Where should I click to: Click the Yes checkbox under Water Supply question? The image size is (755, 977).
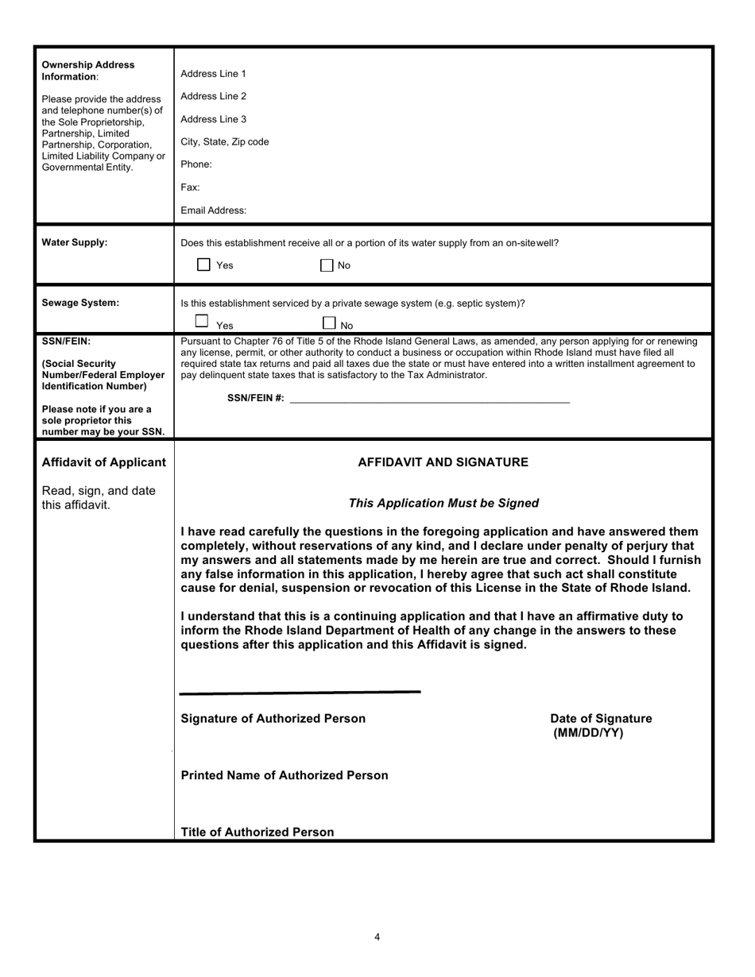(x=203, y=265)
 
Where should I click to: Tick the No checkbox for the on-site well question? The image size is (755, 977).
(x=327, y=265)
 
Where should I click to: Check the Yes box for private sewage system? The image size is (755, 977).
(x=202, y=322)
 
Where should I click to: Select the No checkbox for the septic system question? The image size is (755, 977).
(x=329, y=322)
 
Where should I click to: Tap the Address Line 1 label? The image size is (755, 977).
(x=213, y=74)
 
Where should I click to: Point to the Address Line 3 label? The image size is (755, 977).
(x=213, y=119)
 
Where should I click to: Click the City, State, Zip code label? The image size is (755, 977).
(x=225, y=142)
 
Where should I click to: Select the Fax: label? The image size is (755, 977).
(x=190, y=187)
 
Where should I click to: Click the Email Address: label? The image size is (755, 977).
(x=213, y=210)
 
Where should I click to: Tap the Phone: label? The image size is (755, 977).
(x=196, y=164)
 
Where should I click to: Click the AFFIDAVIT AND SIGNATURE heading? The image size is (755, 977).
(x=443, y=462)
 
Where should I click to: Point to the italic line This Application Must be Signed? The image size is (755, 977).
(x=443, y=503)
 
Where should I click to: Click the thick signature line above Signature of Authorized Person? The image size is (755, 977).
(x=300, y=693)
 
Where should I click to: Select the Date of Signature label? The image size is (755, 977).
(x=600, y=719)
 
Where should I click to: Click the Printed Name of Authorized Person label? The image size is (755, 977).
(x=285, y=775)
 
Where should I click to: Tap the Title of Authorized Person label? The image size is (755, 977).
(x=257, y=832)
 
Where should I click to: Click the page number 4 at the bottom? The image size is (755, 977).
(x=377, y=937)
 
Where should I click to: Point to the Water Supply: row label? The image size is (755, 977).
(x=74, y=243)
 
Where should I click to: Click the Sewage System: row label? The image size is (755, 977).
(x=80, y=303)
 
